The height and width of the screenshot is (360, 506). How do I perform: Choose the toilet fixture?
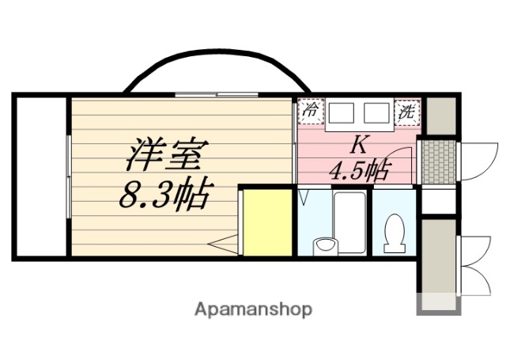392,236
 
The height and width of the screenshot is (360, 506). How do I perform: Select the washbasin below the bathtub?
324,246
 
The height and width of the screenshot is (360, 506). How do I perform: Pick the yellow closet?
266,222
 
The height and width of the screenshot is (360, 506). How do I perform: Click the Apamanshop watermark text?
253,309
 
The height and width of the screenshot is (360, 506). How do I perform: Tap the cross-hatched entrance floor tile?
436,162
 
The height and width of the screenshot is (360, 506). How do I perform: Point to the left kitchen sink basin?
342,116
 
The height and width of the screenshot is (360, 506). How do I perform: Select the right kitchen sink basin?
378,116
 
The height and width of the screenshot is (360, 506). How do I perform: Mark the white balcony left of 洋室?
41,176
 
